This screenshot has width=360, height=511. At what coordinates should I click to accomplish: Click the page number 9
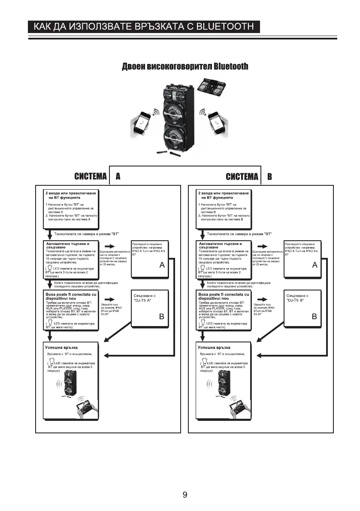click(185, 495)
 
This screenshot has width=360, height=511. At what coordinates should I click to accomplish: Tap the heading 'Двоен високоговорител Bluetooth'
click(185, 67)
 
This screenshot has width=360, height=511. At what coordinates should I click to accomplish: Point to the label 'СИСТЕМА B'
click(249, 177)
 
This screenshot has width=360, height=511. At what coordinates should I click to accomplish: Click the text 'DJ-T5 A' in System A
click(142, 301)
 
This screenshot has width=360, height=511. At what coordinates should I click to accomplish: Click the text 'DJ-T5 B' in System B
click(296, 301)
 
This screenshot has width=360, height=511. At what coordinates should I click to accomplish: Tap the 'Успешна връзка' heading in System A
click(61, 347)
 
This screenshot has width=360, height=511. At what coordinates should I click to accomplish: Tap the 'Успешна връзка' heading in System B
click(214, 347)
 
